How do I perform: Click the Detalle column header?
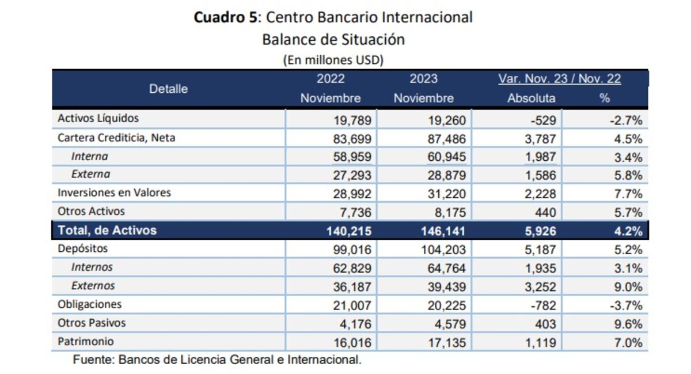(x=168, y=89)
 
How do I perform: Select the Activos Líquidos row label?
(x=98, y=119)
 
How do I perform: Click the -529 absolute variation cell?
(x=545, y=120)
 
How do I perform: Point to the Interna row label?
(x=89, y=156)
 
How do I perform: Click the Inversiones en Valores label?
(x=114, y=192)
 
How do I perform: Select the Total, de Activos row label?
(x=107, y=231)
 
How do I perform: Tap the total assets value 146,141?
(x=443, y=231)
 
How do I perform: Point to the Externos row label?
(x=93, y=285)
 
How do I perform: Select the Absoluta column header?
(x=531, y=98)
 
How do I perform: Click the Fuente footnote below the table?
(x=218, y=360)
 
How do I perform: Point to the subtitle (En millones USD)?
(x=333, y=59)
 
